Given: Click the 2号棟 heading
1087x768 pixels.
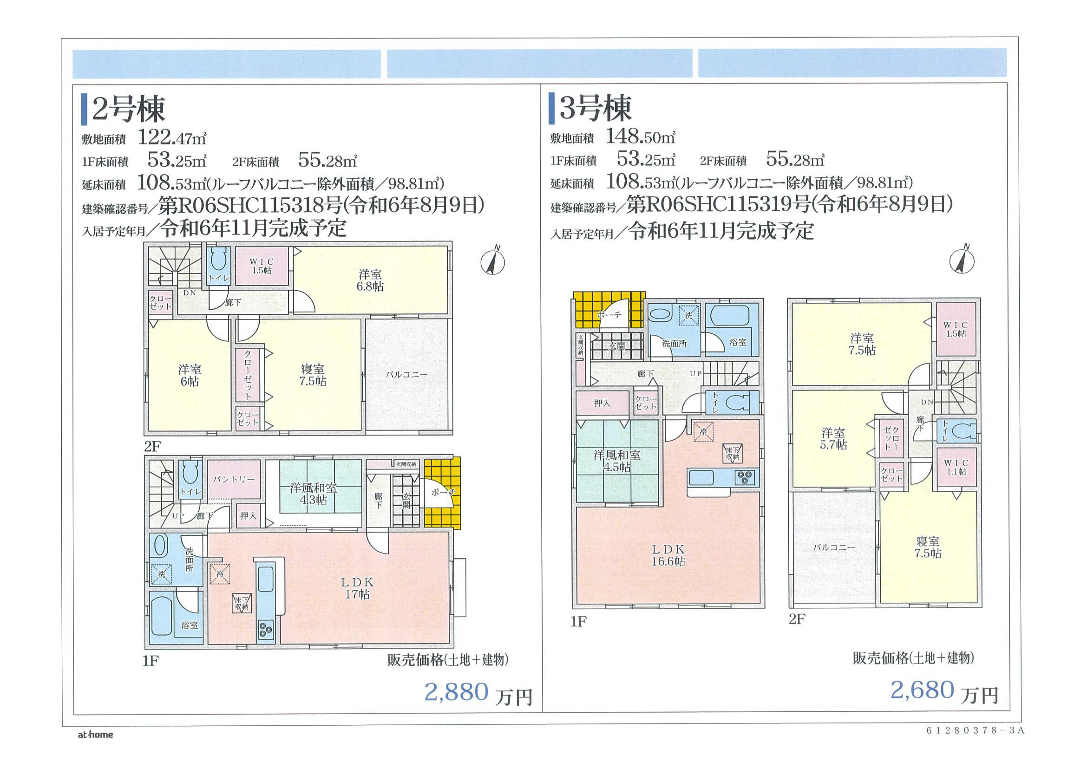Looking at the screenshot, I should pyautogui.click(x=128, y=109).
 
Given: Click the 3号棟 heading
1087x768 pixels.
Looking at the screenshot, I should pyautogui.click(x=595, y=108).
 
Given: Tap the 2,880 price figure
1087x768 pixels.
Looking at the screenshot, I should pyautogui.click(x=456, y=692).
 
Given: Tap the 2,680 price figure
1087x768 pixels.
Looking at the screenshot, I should pyautogui.click(x=922, y=690).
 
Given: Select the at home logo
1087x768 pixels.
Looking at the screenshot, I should pyautogui.click(x=95, y=735).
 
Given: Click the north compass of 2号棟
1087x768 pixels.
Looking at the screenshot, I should pyautogui.click(x=493, y=261).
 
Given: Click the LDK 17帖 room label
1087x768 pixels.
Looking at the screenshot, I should pyautogui.click(x=357, y=588).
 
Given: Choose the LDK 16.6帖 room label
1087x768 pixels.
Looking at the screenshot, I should pyautogui.click(x=668, y=555).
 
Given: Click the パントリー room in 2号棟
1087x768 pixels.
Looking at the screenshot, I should pyautogui.click(x=233, y=479).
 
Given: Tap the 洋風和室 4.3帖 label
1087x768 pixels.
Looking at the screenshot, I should pyautogui.click(x=313, y=493).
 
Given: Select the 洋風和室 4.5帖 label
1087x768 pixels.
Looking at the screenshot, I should pyautogui.click(x=617, y=461).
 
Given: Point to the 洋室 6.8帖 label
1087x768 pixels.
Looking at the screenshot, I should pyautogui.click(x=371, y=280).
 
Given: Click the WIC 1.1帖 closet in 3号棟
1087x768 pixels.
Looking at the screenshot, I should pyautogui.click(x=956, y=467).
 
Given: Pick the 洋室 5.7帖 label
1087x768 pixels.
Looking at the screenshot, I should pyautogui.click(x=833, y=438).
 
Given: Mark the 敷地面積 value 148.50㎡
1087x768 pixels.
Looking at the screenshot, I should pyautogui.click(x=640, y=137).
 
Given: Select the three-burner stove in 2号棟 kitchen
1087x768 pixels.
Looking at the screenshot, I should pyautogui.click(x=266, y=630).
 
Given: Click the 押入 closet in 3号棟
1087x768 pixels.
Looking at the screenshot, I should pyautogui.click(x=602, y=403).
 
